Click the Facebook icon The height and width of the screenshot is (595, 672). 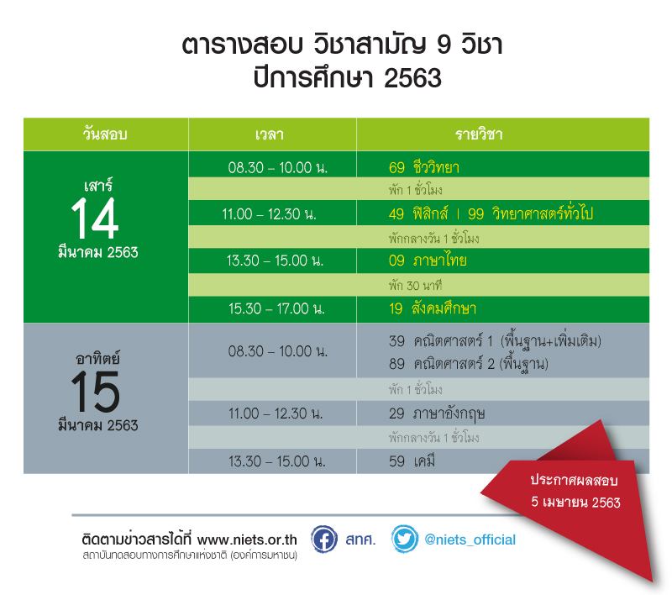click(x=324, y=540)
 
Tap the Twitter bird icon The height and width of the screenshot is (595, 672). click(x=405, y=539)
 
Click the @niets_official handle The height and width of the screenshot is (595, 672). click(x=470, y=540)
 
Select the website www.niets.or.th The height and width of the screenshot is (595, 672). click(x=247, y=540)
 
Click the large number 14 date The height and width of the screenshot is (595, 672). click(x=95, y=219)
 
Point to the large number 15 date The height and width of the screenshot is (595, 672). click(x=95, y=392)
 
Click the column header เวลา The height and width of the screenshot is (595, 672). click(x=269, y=134)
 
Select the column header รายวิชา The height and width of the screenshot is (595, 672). click(x=479, y=134)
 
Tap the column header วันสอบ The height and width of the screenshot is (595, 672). click(x=105, y=134)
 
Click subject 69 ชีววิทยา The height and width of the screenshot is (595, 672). click(x=424, y=167)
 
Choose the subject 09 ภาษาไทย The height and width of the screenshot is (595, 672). click(x=428, y=261)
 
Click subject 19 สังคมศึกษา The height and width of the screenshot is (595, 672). click(x=433, y=308)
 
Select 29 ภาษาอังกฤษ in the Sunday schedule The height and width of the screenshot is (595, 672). click(x=437, y=413)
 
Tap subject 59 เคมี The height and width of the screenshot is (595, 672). click(x=412, y=461)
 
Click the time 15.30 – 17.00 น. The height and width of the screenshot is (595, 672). click(x=276, y=308)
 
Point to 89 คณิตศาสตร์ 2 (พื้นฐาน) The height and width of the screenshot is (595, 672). click(x=469, y=364)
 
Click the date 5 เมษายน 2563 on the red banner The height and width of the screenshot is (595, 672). click(x=575, y=502)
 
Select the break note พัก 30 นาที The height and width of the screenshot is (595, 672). click(x=415, y=286)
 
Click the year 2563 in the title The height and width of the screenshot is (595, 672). click(x=412, y=78)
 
